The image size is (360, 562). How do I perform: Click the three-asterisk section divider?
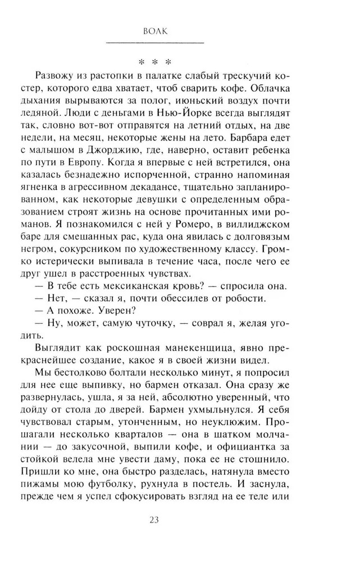(156, 60)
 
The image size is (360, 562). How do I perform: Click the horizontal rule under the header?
(156, 43)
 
